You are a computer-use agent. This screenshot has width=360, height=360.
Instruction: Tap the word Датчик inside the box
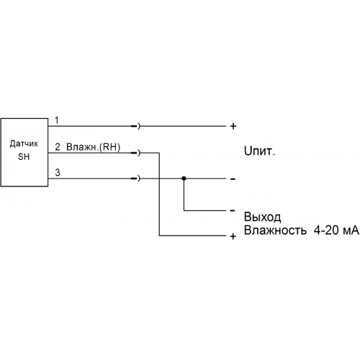tap(24, 144)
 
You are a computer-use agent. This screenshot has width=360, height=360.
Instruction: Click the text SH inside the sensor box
tap(24, 157)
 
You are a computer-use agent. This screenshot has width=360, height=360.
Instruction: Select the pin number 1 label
tap(57, 120)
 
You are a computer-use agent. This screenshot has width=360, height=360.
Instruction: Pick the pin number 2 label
tap(58, 147)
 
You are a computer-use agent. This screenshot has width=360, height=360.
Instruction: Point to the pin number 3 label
tap(58, 173)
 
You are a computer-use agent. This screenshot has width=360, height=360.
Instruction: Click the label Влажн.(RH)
tap(93, 147)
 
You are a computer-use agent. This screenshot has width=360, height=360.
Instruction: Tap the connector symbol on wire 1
tap(135, 126)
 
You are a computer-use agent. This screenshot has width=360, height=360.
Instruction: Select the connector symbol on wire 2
tap(135, 153)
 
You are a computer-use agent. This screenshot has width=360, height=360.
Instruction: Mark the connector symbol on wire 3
tap(135, 179)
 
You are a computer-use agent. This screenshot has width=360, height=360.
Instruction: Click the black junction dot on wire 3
tap(184, 179)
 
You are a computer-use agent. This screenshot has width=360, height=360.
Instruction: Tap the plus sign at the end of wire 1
tap(233, 126)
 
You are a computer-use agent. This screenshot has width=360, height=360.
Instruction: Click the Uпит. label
tap(259, 151)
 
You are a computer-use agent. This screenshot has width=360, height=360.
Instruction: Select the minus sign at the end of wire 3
tap(233, 179)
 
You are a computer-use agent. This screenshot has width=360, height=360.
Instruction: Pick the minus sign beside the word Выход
tap(233, 211)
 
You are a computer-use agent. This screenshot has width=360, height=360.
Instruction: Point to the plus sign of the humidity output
tap(233, 237)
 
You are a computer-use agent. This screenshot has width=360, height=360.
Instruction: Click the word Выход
tap(262, 217)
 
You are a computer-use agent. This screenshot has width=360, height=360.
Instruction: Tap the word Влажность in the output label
tap(275, 230)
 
